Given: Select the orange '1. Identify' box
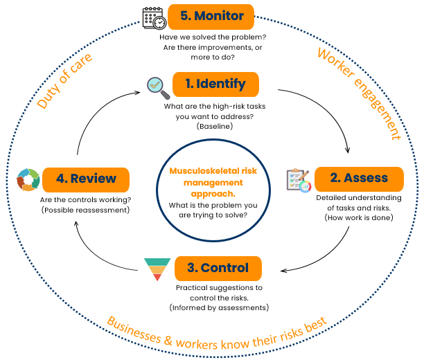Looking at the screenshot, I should click(x=215, y=84).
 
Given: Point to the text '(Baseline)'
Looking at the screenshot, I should click(x=214, y=127).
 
